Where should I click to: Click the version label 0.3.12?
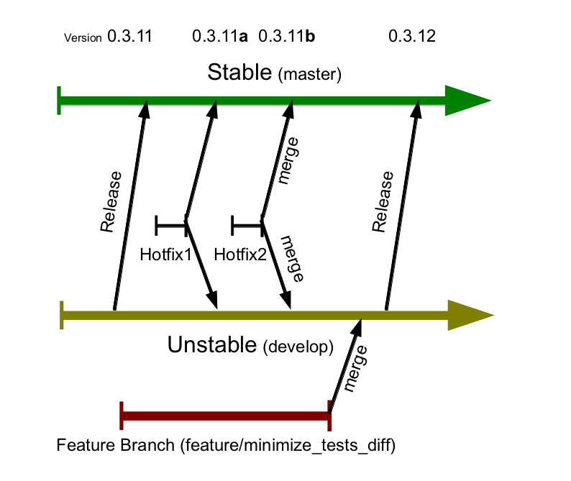click(412, 37)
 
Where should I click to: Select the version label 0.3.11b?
click(286, 37)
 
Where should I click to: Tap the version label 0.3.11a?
click(220, 37)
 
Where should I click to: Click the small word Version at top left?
click(83, 38)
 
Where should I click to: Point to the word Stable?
click(240, 72)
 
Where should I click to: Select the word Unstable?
click(212, 345)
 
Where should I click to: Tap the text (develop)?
click(298, 347)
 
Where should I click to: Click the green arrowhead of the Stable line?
click(467, 101)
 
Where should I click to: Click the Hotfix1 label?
click(165, 254)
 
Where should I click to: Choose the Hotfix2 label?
click(240, 254)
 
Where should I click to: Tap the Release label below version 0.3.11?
click(111, 202)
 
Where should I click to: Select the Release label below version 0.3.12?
click(383, 202)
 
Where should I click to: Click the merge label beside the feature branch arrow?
click(356, 369)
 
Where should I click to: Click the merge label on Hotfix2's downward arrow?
click(292, 258)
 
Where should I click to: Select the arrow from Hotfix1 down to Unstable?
click(201, 263)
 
